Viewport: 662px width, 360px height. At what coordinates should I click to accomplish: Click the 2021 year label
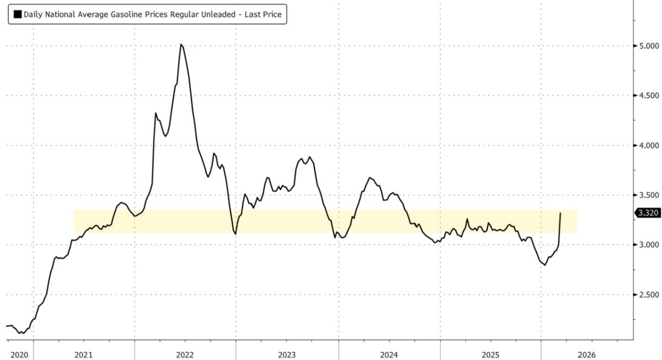[x=83, y=354]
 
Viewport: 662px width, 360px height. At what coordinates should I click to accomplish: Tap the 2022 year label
[x=185, y=354]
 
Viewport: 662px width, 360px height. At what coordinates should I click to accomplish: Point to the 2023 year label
[x=287, y=354]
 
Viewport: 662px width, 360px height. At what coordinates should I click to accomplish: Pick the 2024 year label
[x=389, y=354]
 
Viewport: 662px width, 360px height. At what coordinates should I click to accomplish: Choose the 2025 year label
[x=490, y=354]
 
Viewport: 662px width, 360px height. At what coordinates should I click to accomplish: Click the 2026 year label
[x=586, y=354]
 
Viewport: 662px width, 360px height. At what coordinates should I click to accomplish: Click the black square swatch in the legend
[x=17, y=14]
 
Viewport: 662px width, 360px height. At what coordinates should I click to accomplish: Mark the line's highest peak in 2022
[x=181, y=44]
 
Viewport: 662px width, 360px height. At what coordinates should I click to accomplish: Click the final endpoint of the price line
[x=560, y=213]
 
